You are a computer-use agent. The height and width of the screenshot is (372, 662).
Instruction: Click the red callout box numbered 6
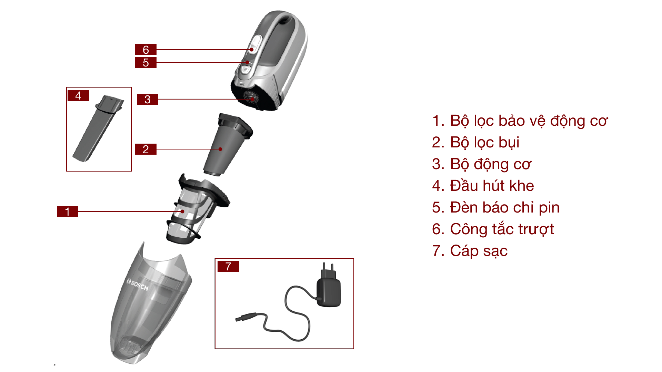pyautogui.click(x=146, y=50)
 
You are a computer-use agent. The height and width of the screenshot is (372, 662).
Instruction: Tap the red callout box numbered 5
pyautogui.click(x=146, y=62)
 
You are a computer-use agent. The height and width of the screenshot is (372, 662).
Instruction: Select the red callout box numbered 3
pyautogui.click(x=147, y=99)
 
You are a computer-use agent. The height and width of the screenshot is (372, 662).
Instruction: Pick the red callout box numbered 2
pyautogui.click(x=146, y=149)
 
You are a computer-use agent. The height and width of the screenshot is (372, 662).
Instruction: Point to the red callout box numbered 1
pyautogui.click(x=67, y=211)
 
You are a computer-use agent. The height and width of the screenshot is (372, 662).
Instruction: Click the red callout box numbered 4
pyautogui.click(x=78, y=95)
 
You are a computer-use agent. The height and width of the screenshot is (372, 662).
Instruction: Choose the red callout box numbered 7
pyautogui.click(x=228, y=266)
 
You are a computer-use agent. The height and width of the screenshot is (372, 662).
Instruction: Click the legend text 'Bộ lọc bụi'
pyautogui.click(x=475, y=143)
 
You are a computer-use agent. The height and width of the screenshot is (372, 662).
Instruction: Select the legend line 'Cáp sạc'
pyautogui.click(x=470, y=251)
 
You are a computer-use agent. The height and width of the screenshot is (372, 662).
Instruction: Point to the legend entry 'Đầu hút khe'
pyautogui.click(x=483, y=186)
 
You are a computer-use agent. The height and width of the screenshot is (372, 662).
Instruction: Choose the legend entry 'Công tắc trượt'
pyautogui.click(x=493, y=229)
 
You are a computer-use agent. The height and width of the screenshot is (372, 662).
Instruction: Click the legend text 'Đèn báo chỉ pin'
pyautogui.click(x=495, y=207)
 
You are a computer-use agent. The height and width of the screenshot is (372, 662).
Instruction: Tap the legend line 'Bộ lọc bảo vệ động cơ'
pyautogui.click(x=520, y=121)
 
